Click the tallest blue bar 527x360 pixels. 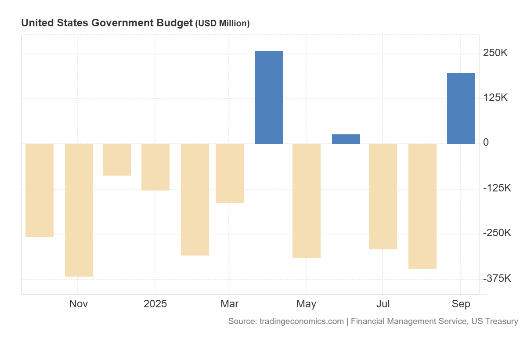pos(269,97)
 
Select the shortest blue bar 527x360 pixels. pos(346,139)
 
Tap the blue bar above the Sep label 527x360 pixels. pos(461,108)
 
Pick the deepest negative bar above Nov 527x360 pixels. pos(79,210)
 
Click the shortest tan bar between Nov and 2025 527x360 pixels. pos(117,160)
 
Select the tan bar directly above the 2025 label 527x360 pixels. pos(155,167)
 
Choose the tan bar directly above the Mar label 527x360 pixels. pos(230,173)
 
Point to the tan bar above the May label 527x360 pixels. pos(307,201)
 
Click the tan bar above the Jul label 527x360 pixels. pos(383,196)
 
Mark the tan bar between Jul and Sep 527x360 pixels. pos(422,206)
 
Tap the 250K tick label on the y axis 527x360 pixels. pos(495,53)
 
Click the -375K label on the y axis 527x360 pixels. pos(497,279)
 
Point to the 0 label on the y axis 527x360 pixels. pos(486,143)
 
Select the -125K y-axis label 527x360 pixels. pos(497,188)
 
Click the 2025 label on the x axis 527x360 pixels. pos(155,304)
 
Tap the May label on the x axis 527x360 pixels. pos(306,304)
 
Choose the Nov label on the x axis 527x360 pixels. pos(79,304)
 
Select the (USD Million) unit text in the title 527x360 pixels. pos(222,24)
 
